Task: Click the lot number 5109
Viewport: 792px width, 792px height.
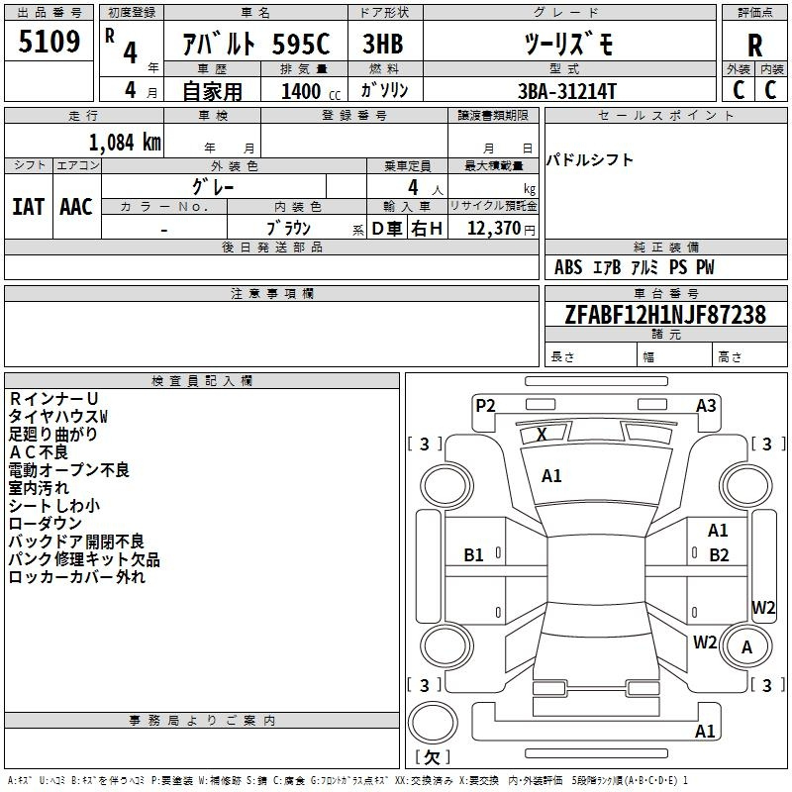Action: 49,42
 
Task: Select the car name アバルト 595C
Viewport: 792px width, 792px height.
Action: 255,44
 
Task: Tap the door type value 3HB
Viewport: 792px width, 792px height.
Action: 383,44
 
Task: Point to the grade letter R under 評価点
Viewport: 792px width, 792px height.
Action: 754,46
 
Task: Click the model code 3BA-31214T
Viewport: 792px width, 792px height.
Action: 567,91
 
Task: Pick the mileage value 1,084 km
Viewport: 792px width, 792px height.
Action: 125,143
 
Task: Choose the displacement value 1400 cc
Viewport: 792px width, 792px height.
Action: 311,91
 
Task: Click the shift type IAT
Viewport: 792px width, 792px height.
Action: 29,207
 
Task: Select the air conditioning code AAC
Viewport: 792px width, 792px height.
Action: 76,207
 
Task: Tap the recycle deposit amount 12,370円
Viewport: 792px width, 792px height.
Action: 501,229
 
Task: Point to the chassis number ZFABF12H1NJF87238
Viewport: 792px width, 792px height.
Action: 665,315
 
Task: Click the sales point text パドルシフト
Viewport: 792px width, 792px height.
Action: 589,160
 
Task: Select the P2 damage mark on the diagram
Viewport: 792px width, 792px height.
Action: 485,406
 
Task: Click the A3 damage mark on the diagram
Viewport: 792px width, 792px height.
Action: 706,406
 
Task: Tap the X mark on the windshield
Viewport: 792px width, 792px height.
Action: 542,435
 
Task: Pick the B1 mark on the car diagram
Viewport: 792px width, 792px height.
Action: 473,555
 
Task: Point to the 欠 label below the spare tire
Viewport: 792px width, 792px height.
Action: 433,757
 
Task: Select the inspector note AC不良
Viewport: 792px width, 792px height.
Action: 39,452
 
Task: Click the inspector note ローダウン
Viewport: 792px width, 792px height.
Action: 45,524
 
